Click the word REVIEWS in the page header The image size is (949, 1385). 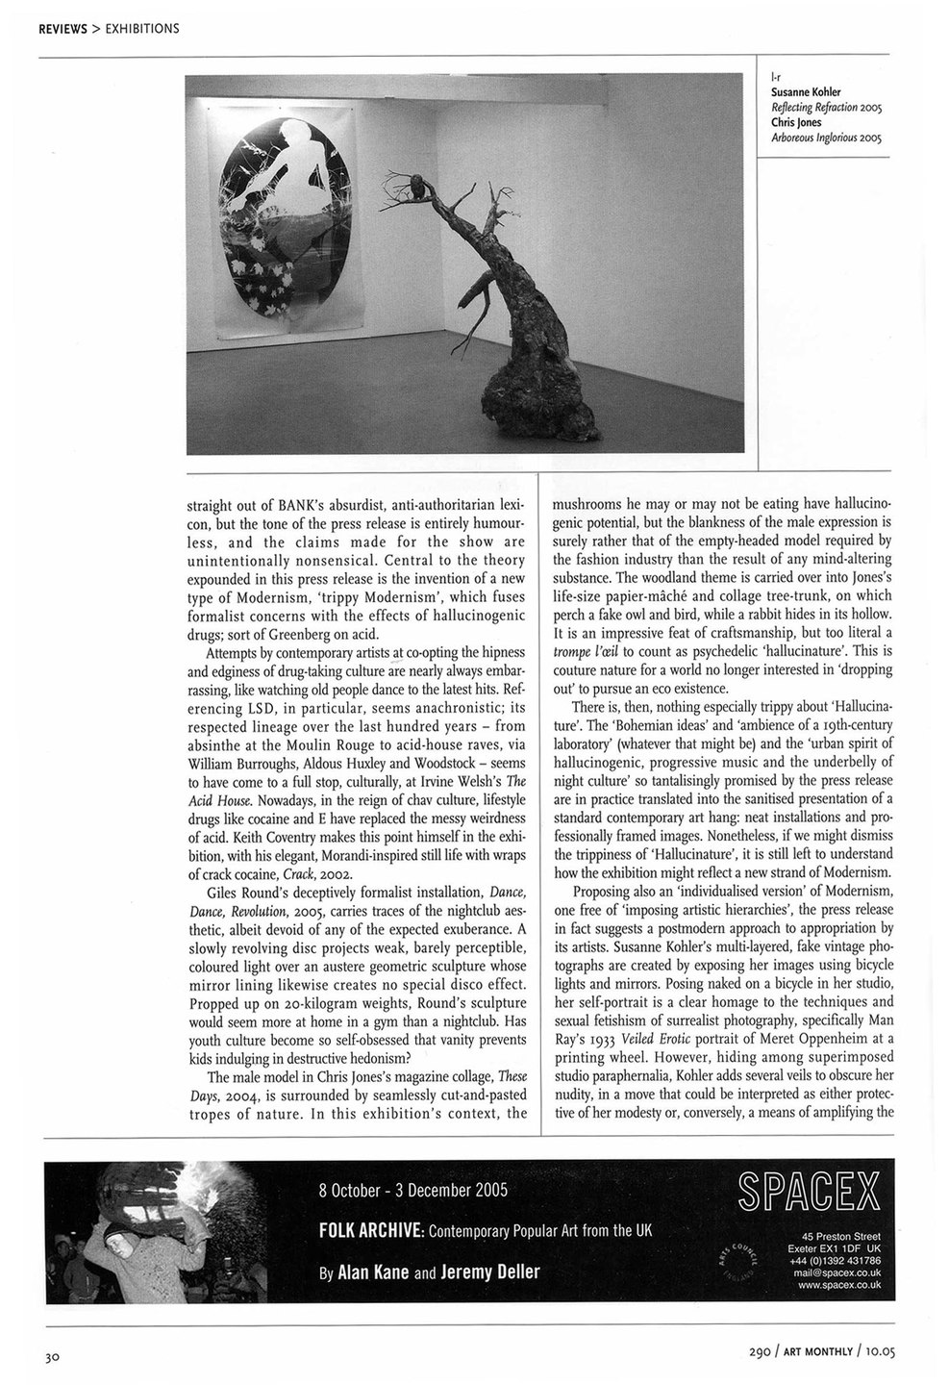click(x=62, y=28)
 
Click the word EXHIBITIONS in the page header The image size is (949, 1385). click(x=141, y=28)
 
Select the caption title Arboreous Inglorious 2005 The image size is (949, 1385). click(x=827, y=137)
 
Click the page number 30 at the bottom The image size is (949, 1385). click(x=52, y=1358)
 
